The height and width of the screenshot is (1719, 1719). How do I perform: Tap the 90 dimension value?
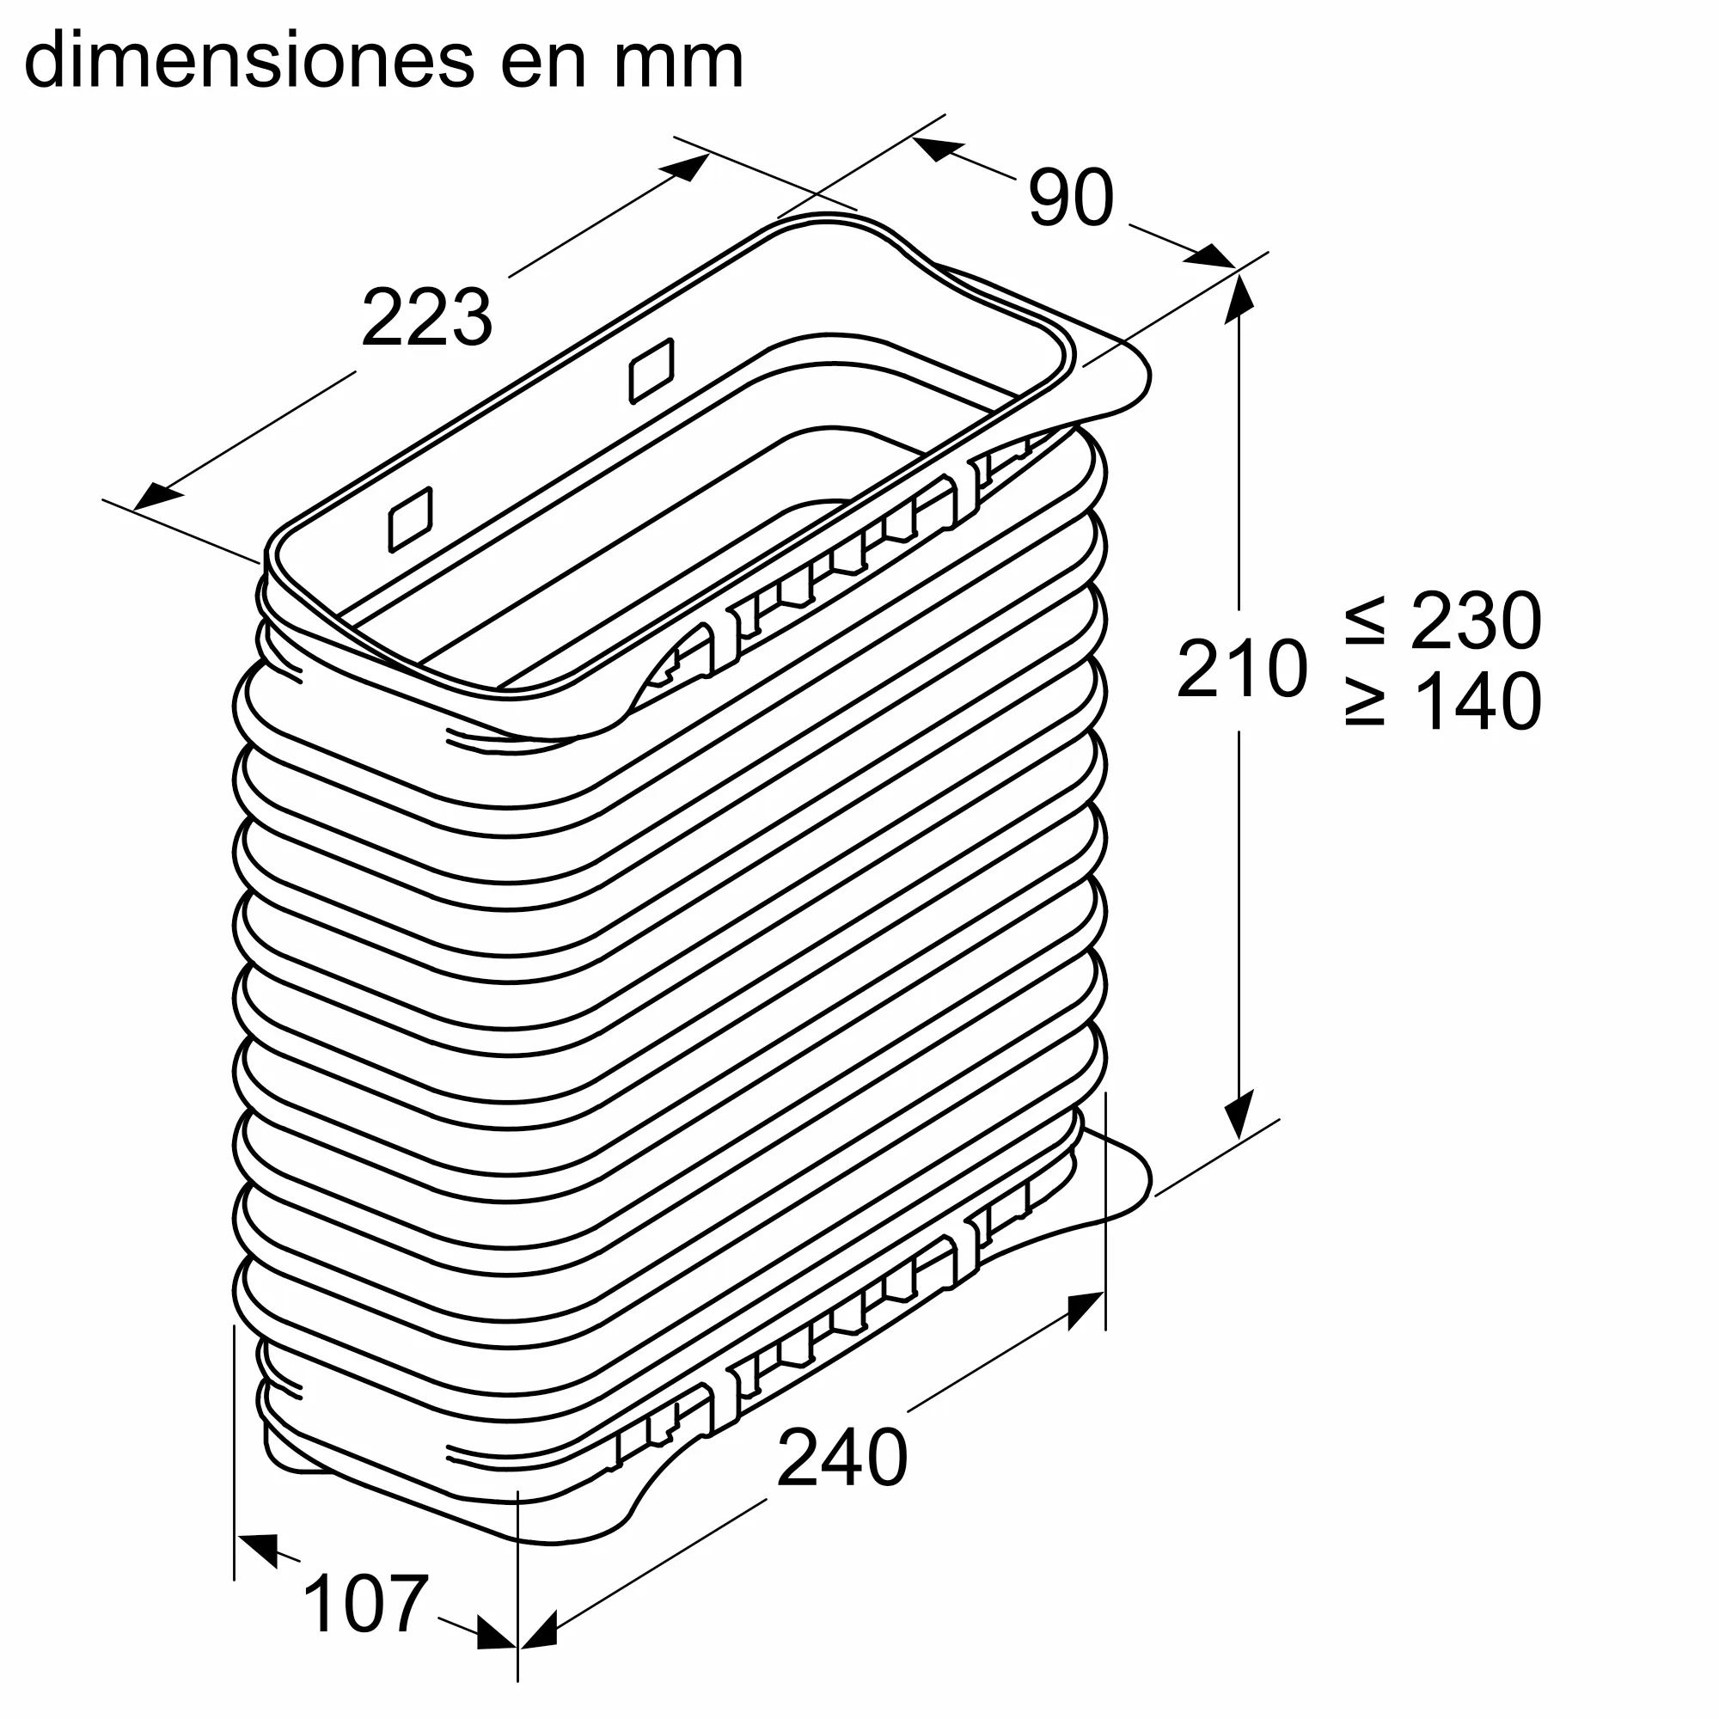[1070, 198]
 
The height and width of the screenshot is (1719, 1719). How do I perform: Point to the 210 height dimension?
[1241, 668]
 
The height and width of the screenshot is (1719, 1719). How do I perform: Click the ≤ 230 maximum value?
[1442, 621]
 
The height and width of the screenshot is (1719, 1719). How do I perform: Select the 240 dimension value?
[841, 1457]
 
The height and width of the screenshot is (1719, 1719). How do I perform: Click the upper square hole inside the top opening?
[652, 371]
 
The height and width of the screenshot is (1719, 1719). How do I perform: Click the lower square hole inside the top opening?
[411, 520]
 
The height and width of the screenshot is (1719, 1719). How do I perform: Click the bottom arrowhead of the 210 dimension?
[1239, 1118]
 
